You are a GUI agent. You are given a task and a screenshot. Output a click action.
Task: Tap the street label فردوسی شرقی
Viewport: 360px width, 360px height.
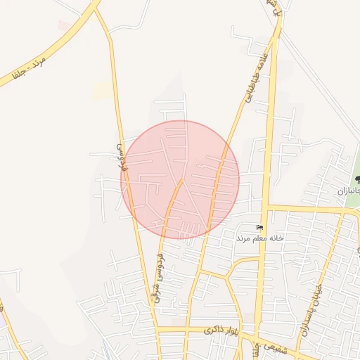[156, 278]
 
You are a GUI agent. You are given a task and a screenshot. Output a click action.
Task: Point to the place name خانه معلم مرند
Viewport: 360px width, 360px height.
[259, 238]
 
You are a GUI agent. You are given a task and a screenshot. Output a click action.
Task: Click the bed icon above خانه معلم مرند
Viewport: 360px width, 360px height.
[259, 227]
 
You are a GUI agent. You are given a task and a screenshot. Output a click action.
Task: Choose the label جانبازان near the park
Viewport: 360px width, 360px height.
[348, 191]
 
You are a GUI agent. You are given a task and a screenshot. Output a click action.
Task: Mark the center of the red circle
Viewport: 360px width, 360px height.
[180, 180]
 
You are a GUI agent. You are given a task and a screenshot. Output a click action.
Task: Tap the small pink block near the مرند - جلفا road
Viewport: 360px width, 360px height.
[64, 25]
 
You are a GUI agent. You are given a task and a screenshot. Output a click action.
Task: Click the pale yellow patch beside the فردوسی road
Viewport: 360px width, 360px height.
[103, 91]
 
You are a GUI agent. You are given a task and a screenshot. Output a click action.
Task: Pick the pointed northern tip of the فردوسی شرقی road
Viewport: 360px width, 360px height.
[182, 181]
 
